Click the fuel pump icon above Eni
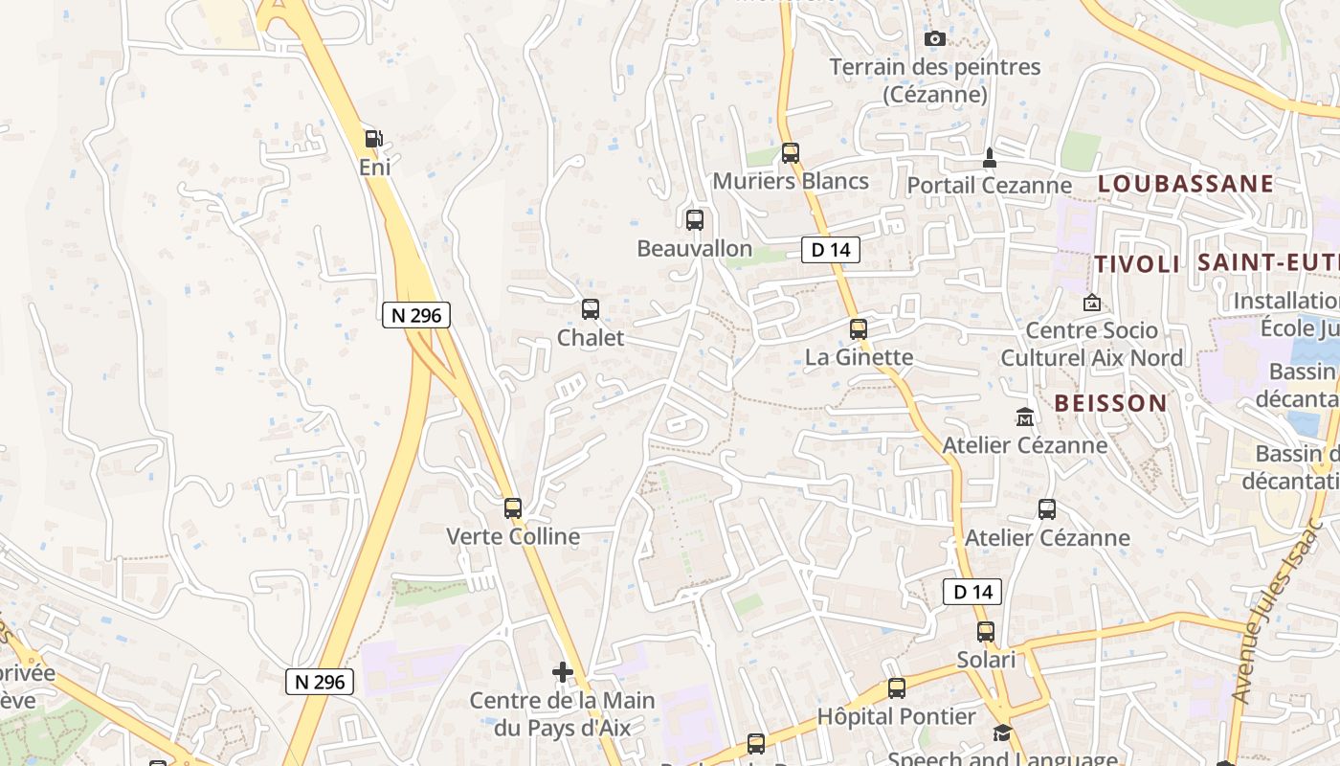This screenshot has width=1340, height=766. point(373,139)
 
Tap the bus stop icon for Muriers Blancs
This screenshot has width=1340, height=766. point(791,152)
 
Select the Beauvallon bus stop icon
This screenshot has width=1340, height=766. point(695,219)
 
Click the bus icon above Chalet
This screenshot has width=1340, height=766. point(591,308)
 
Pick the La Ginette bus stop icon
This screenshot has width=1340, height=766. point(859,328)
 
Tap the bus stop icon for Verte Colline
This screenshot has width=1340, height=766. point(513,507)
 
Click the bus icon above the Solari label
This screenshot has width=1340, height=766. point(986,631)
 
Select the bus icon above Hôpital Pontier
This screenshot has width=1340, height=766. point(897,687)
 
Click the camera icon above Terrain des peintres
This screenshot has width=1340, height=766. point(935,39)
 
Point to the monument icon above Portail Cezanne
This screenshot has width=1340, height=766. point(990,157)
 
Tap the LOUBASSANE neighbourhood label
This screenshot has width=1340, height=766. point(1185,184)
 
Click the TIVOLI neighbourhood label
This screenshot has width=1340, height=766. point(1137,264)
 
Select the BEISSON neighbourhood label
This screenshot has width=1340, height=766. point(1110,403)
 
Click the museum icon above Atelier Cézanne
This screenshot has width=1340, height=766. point(1025,417)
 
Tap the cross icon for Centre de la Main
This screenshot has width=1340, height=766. point(563,672)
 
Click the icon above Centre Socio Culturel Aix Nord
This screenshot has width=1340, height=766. point(1091,303)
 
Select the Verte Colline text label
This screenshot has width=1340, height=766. point(513,536)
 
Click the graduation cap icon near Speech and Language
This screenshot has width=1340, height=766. point(1002,733)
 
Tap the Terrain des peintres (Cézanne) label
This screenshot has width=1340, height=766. point(934,80)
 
